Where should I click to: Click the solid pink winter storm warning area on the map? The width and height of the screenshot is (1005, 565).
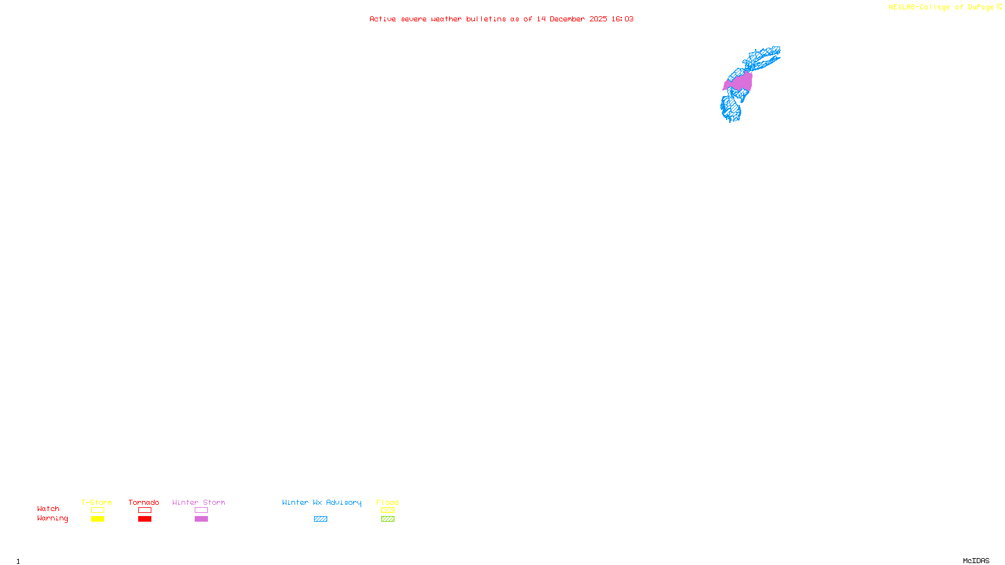coord(740,82)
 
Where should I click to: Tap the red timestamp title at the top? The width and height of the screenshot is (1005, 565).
coord(501,19)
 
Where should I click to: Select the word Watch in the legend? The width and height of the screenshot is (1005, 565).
coord(48,508)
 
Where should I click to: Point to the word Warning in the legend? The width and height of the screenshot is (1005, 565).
coord(52,519)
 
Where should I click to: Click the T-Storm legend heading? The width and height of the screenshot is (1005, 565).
coord(97,502)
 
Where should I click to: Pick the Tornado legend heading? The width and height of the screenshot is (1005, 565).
coord(144,502)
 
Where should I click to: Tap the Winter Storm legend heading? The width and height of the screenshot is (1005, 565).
coord(198,502)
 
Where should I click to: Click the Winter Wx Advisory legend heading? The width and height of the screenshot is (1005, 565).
coord(322,502)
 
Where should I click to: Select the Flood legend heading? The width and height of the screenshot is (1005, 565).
coord(388,502)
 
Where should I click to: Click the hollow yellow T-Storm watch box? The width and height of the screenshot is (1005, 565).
coord(97,510)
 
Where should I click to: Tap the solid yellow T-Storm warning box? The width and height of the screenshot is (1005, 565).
coord(97,519)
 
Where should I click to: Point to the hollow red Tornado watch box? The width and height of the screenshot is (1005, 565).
coord(144,510)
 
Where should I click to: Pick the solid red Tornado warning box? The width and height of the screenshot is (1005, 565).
coord(144,519)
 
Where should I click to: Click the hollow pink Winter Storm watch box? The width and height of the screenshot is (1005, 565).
coord(201,510)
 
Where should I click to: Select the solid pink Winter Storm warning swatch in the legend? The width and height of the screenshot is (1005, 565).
coord(201,519)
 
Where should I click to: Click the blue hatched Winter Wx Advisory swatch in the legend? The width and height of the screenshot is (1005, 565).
coord(320,519)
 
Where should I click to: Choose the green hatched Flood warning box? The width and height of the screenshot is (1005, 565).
coord(388,519)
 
